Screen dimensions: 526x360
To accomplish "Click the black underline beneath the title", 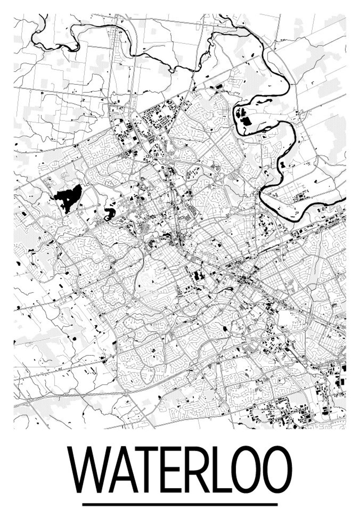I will (180, 505).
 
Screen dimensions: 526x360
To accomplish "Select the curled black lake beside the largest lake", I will (109, 214).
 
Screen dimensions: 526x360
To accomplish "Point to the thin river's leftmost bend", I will (33, 36).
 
